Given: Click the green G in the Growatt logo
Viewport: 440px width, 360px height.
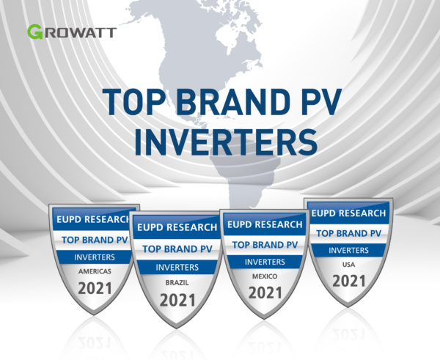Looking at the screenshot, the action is point(35,32).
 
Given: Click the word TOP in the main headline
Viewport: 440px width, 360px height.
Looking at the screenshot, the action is point(133,102).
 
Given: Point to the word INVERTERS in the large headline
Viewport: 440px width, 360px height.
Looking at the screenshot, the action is point(226,142).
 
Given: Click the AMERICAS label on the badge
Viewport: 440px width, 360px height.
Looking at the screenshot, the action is point(95,271).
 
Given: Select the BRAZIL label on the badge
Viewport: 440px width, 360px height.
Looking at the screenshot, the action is point(177,283).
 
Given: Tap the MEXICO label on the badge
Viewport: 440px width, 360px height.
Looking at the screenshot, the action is point(265,276).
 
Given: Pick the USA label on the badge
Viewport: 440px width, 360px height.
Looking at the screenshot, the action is point(348,265).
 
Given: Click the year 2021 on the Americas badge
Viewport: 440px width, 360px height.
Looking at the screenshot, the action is point(95,288).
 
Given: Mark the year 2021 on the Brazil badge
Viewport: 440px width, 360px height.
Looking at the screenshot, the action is point(177,300).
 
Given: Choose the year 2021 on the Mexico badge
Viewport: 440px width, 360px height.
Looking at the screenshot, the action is point(265,293).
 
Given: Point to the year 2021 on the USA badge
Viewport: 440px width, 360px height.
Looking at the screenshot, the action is point(349,281).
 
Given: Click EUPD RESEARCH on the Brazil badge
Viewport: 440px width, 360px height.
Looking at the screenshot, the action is point(177,227).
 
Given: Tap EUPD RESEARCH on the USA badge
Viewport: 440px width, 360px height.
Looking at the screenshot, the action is point(348,213).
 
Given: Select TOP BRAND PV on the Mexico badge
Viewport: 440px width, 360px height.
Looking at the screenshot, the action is point(265,245).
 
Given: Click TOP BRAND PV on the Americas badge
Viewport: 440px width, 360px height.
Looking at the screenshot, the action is point(95,240).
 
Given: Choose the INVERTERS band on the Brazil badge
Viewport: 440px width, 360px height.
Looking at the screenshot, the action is point(177,267).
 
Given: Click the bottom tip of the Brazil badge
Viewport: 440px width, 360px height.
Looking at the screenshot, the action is point(177,328).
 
